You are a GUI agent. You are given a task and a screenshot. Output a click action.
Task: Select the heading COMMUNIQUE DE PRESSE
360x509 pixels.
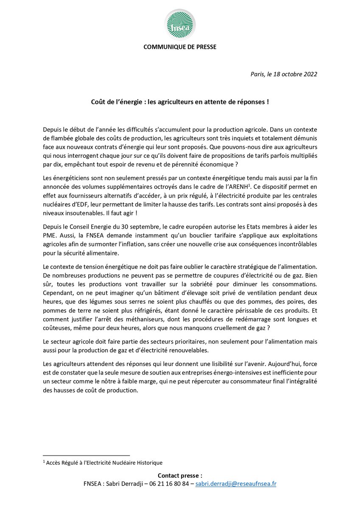coord(180,47)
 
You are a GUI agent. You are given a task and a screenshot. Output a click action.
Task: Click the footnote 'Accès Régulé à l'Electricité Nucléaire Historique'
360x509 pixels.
coord(105,462)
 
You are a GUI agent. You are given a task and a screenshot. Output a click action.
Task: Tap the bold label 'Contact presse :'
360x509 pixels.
coord(180,475)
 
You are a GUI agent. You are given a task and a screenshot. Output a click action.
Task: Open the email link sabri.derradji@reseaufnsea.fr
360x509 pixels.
coord(236,484)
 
